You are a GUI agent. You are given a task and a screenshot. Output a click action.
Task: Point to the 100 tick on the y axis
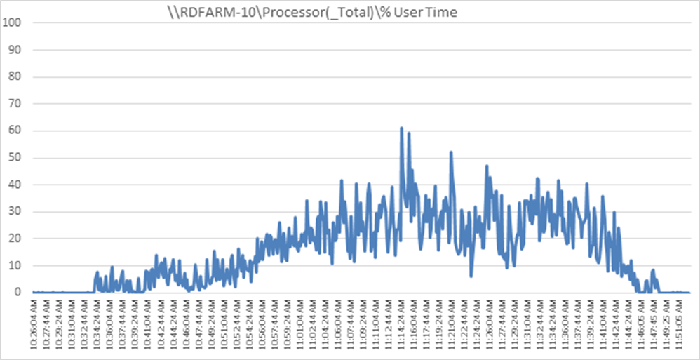(x=13, y=22)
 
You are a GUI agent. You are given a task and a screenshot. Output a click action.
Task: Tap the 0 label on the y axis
(x=18, y=292)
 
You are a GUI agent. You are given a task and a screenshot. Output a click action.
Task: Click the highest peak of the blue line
(x=402, y=128)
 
